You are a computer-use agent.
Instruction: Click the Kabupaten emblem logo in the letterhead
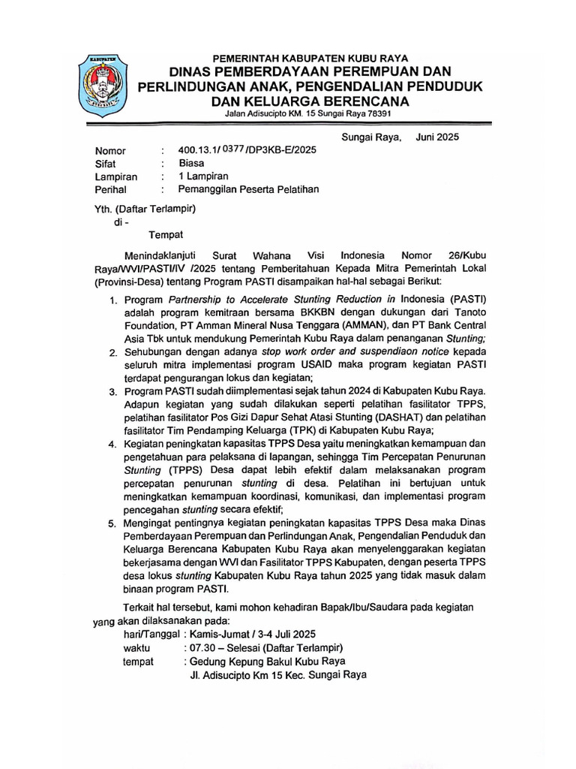tap(106, 85)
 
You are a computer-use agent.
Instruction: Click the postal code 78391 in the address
tap(375, 113)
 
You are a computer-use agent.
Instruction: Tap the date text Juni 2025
tap(437, 137)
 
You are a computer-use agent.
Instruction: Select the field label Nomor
tap(110, 150)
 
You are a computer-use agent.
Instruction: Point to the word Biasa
tap(192, 163)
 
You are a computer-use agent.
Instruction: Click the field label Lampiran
tap(116, 176)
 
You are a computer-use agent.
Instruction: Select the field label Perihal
tap(112, 190)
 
